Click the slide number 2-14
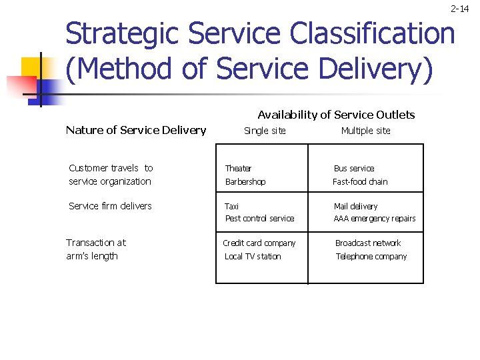point(460,9)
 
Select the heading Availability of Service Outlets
point(336,115)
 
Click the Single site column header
point(265,131)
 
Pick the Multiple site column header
point(365,131)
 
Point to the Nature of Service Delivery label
point(136,130)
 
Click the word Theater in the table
point(238,169)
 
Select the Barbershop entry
point(245,182)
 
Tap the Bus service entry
point(353,169)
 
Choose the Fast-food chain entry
point(360,182)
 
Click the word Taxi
point(231,207)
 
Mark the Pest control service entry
point(259,219)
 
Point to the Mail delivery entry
point(355,207)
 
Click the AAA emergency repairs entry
point(374,219)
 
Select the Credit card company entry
point(259,243)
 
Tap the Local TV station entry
point(253,257)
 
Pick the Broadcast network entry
point(368,243)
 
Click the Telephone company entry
point(371,257)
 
